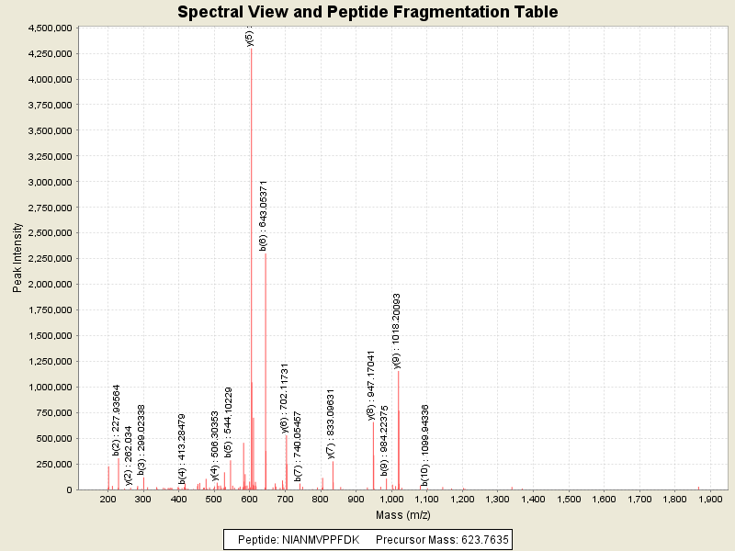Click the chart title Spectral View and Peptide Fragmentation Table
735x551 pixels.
coord(367,12)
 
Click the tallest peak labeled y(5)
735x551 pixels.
coord(251,184)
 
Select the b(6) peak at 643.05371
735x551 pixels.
coord(266,367)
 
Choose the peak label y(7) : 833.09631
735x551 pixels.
coord(331,423)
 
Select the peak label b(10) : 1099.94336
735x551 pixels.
coord(425,444)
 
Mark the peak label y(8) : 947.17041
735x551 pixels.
coord(371,385)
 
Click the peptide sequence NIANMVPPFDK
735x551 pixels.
coord(322,539)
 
